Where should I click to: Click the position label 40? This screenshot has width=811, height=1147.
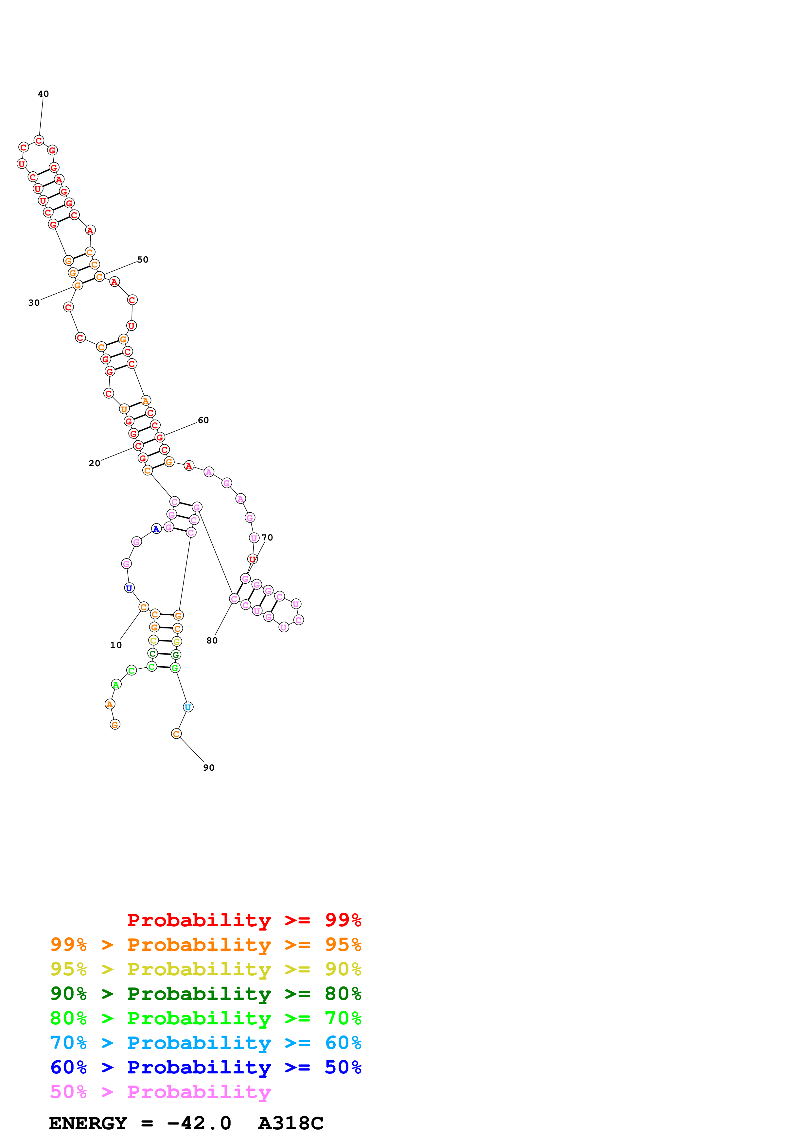pyautogui.click(x=44, y=94)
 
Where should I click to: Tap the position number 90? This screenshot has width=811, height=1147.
pyautogui.click(x=208, y=768)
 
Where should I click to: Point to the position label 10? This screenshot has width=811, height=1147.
pyautogui.click(x=116, y=645)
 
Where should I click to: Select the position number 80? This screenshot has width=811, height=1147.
pyautogui.click(x=212, y=641)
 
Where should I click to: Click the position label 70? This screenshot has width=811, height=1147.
pyautogui.click(x=267, y=538)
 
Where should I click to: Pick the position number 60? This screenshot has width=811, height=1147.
pyautogui.click(x=203, y=420)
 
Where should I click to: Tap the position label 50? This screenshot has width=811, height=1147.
pyautogui.click(x=143, y=260)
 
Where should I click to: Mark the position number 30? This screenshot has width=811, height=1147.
pyautogui.click(x=34, y=303)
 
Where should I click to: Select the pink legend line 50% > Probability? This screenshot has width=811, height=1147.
pyautogui.click(x=160, y=1092)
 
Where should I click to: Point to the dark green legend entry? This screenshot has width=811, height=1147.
pyautogui.click(x=206, y=994)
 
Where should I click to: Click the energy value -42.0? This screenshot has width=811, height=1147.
pyautogui.click(x=199, y=1123)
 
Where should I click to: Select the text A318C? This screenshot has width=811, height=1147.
pyautogui.click(x=291, y=1123)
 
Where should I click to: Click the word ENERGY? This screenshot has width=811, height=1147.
pyautogui.click(x=88, y=1123)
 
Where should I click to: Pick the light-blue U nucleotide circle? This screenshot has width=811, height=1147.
pyautogui.click(x=188, y=707)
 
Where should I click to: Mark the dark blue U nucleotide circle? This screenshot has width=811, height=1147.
pyautogui.click(x=129, y=588)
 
